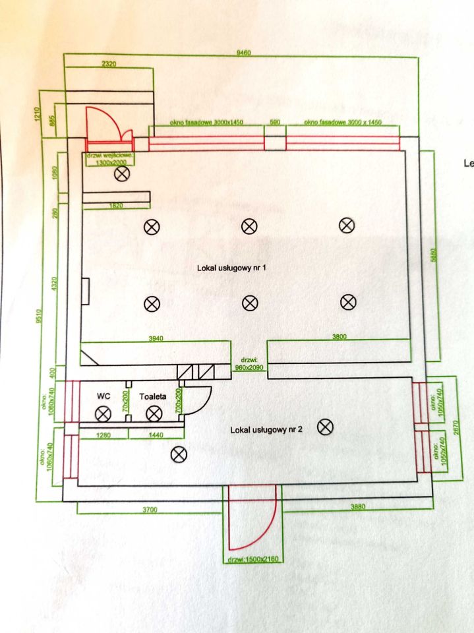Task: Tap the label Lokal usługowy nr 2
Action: pyautogui.click(x=266, y=430)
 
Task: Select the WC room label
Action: pyautogui.click(x=103, y=397)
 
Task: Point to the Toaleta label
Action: pyautogui.click(x=152, y=397)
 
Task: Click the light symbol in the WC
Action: pyautogui.click(x=103, y=414)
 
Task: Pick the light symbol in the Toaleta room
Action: pyautogui.click(x=154, y=414)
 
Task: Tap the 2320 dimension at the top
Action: pyautogui.click(x=109, y=65)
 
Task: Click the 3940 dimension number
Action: pyautogui.click(x=155, y=338)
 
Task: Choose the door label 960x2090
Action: pyautogui.click(x=249, y=365)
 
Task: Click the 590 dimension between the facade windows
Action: pyautogui.click(x=275, y=123)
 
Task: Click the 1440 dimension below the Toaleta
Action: pyautogui.click(x=156, y=436)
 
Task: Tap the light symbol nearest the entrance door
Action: pyautogui.click(x=122, y=174)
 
